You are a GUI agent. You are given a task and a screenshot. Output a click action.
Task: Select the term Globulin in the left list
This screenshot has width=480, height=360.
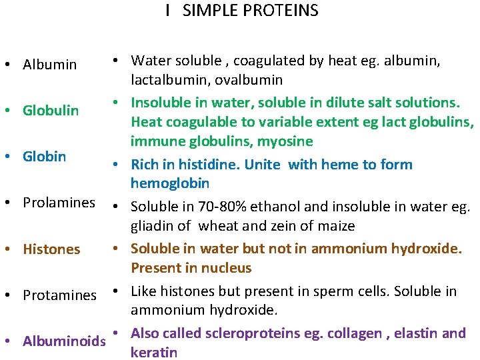51,110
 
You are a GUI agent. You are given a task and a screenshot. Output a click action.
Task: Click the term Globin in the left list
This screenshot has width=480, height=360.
45,156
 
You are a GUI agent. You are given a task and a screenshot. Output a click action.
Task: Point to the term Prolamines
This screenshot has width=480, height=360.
59,202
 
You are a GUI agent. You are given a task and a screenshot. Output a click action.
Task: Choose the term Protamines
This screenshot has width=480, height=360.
60,295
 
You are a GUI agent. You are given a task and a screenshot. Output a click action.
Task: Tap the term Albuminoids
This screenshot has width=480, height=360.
65,341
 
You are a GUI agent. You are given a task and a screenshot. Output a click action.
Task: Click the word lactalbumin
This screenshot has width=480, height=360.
168,80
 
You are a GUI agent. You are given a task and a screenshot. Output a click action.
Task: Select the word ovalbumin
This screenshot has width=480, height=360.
249,80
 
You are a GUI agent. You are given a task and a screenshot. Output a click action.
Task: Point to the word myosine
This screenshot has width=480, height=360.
285,141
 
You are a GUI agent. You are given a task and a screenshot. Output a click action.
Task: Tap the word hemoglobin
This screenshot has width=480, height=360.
170,183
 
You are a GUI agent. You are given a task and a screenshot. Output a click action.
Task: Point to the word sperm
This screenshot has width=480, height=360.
346,291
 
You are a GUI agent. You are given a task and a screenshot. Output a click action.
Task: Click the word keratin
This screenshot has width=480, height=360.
154,352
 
